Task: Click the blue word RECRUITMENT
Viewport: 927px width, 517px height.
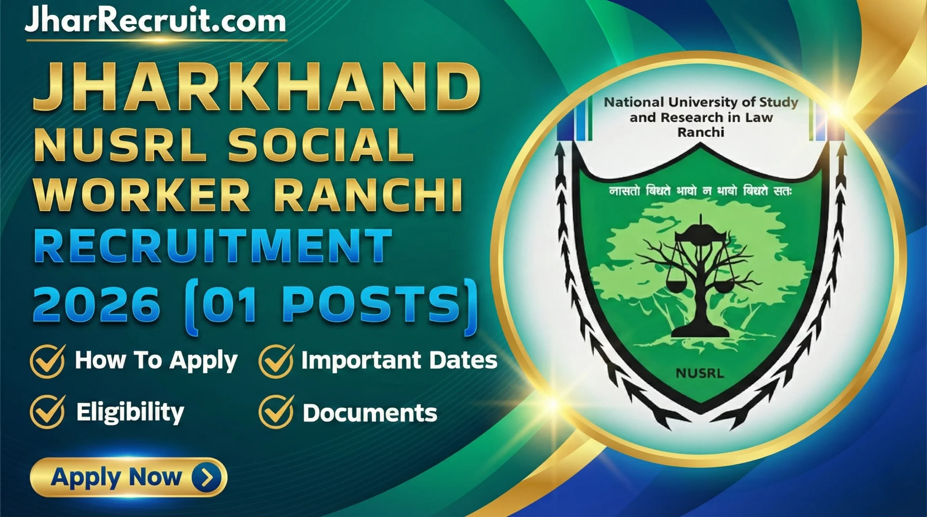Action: click(213, 247)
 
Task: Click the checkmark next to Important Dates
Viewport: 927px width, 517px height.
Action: click(276, 361)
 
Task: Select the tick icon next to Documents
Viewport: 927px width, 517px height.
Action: click(276, 412)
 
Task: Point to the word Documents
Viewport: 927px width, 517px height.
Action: click(370, 413)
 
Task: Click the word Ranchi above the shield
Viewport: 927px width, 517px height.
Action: click(701, 132)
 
